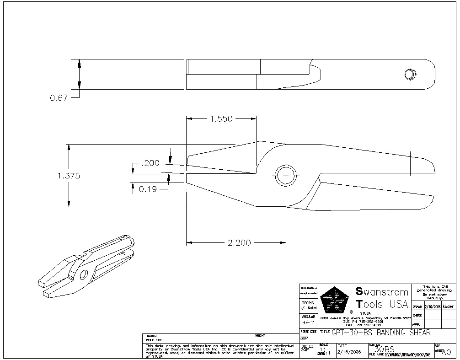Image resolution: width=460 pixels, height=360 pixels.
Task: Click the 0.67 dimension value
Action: [59, 98]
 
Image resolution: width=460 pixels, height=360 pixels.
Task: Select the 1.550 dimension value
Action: [221, 119]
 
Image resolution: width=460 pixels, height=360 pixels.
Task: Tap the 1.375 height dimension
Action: [69, 176]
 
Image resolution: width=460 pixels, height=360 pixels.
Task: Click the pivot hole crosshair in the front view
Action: [286, 175]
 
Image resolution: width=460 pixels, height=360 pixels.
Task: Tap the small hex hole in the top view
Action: [410, 73]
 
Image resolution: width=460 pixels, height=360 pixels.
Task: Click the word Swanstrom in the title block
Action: [382, 291]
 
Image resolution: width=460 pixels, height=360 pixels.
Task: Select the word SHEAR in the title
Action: [418, 333]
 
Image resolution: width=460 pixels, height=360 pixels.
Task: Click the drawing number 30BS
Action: [384, 349]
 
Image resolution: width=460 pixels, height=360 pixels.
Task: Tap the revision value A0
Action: [446, 352]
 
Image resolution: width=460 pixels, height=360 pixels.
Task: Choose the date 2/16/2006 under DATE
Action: [349, 352]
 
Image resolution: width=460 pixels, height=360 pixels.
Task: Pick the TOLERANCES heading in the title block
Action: [309, 288]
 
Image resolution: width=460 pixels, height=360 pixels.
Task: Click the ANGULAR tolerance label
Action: [309, 316]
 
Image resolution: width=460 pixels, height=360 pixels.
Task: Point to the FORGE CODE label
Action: [309, 331]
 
